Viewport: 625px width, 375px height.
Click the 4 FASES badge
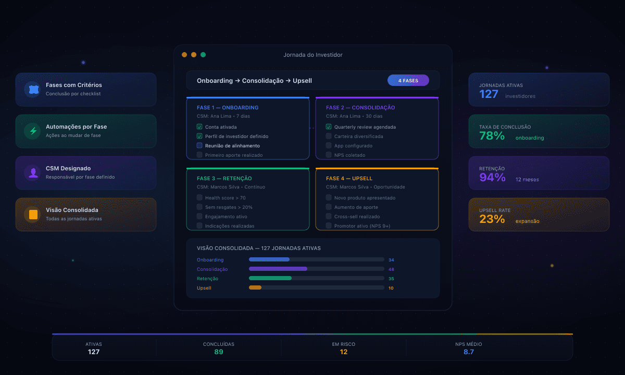[408, 81]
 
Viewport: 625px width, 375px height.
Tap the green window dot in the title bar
[203, 55]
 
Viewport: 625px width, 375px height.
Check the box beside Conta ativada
[199, 127]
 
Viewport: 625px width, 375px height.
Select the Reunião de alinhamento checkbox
[199, 145]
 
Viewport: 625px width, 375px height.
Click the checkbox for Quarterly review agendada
[329, 127]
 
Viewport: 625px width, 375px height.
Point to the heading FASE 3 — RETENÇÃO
[224, 179]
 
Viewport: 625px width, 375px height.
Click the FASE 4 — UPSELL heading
[349, 179]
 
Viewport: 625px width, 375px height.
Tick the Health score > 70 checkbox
[199, 197]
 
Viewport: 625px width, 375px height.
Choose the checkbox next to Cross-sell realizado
[329, 216]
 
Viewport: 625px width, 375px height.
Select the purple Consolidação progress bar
[278, 269]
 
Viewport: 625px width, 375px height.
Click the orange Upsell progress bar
[255, 287]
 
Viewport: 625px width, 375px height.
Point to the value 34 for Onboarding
[391, 259]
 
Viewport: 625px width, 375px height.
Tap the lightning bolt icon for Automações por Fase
[33, 131]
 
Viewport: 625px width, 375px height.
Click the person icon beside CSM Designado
[33, 173]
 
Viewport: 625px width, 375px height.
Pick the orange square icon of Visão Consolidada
[33, 215]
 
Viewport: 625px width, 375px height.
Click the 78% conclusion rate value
[492, 136]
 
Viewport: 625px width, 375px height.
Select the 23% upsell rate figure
[492, 219]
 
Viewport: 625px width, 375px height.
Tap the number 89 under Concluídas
[219, 352]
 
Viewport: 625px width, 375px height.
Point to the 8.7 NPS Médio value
[469, 352]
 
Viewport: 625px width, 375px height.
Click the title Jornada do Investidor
[313, 55]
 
